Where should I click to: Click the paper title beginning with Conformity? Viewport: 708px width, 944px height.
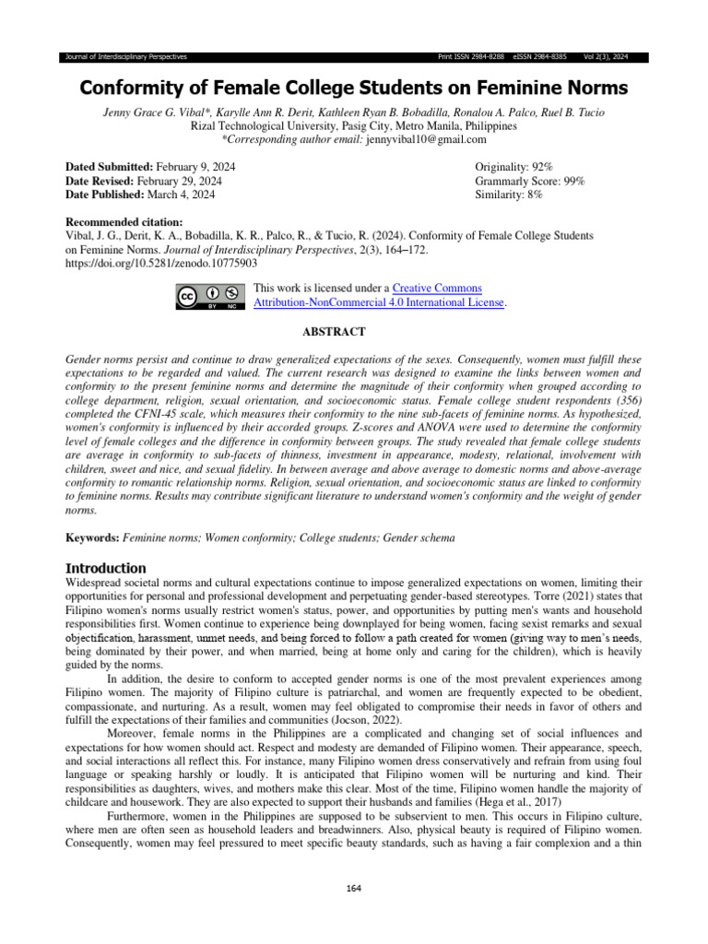pos(354,88)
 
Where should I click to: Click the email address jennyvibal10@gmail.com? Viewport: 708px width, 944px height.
pos(426,139)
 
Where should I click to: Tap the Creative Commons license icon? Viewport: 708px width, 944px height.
pos(210,296)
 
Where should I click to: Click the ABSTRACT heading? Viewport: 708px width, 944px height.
pos(335,332)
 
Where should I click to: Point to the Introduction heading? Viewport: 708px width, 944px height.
pos(105,568)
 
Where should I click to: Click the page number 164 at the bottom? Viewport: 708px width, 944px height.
pos(354,888)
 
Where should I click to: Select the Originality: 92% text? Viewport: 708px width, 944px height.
pos(513,166)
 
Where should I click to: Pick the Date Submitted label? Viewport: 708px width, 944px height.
pos(108,166)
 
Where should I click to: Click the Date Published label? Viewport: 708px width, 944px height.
pos(104,195)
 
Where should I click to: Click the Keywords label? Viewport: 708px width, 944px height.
pos(92,537)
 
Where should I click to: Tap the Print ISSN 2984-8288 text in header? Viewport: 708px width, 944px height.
pos(470,57)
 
